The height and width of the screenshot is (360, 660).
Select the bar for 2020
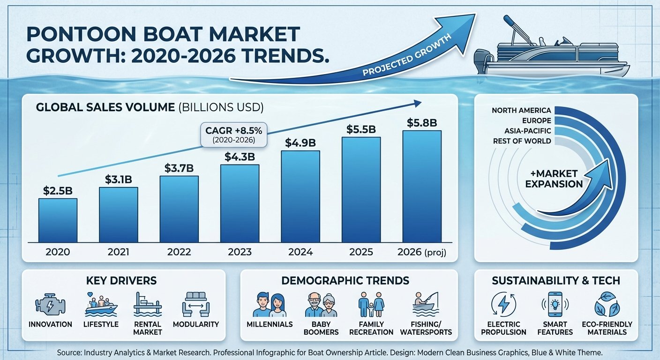pyautogui.click(x=58, y=220)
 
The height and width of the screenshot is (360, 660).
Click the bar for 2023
pyautogui.click(x=240, y=203)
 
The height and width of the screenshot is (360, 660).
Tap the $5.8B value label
pyautogui.click(x=421, y=123)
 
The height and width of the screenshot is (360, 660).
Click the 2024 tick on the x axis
pyautogui.click(x=300, y=252)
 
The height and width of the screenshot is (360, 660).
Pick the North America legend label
pyautogui.click(x=521, y=111)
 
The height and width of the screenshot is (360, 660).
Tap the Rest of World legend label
pyautogui.click(x=522, y=141)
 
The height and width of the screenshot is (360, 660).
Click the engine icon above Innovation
pyautogui.click(x=50, y=305)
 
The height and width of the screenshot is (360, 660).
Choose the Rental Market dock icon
pyautogui.click(x=147, y=304)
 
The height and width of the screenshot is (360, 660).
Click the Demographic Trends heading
pyautogui.click(x=345, y=281)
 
